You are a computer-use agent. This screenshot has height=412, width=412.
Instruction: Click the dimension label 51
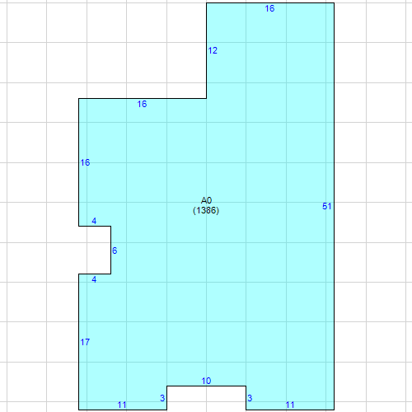coord(326,206)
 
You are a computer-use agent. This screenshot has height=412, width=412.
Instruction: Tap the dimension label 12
coord(213,50)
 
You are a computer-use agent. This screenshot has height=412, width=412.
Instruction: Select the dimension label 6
coord(115,250)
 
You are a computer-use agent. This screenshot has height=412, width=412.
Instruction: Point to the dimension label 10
coord(206,381)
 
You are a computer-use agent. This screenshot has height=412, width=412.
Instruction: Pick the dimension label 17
coord(85,342)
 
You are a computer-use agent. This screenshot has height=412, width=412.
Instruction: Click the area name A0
coord(206,200)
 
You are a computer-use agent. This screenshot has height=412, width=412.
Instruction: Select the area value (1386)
coord(206,210)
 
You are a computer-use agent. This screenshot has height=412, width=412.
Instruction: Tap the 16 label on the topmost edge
coord(269,8)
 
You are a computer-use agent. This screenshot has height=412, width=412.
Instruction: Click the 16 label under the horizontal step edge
coord(142,104)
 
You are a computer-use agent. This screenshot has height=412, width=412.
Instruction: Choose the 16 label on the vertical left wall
coord(85,162)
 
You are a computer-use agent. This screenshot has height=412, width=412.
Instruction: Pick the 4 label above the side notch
coord(94,221)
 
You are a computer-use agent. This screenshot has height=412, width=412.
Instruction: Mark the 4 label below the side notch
coord(94,279)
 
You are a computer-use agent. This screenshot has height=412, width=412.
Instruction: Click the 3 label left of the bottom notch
coord(162,398)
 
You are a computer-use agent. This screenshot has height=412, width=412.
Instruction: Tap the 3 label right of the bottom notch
coord(250,398)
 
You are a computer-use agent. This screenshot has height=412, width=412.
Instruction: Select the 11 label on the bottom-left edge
coord(122,405)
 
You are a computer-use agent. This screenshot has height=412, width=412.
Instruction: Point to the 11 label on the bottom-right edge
coord(290,405)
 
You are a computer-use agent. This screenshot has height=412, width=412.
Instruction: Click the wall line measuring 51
coord(335,206)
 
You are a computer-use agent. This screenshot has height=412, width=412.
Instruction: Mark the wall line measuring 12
coord(207,50)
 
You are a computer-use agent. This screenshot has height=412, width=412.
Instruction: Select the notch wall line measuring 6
coord(111,250)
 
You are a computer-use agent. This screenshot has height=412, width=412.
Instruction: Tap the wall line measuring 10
coord(206,386)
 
